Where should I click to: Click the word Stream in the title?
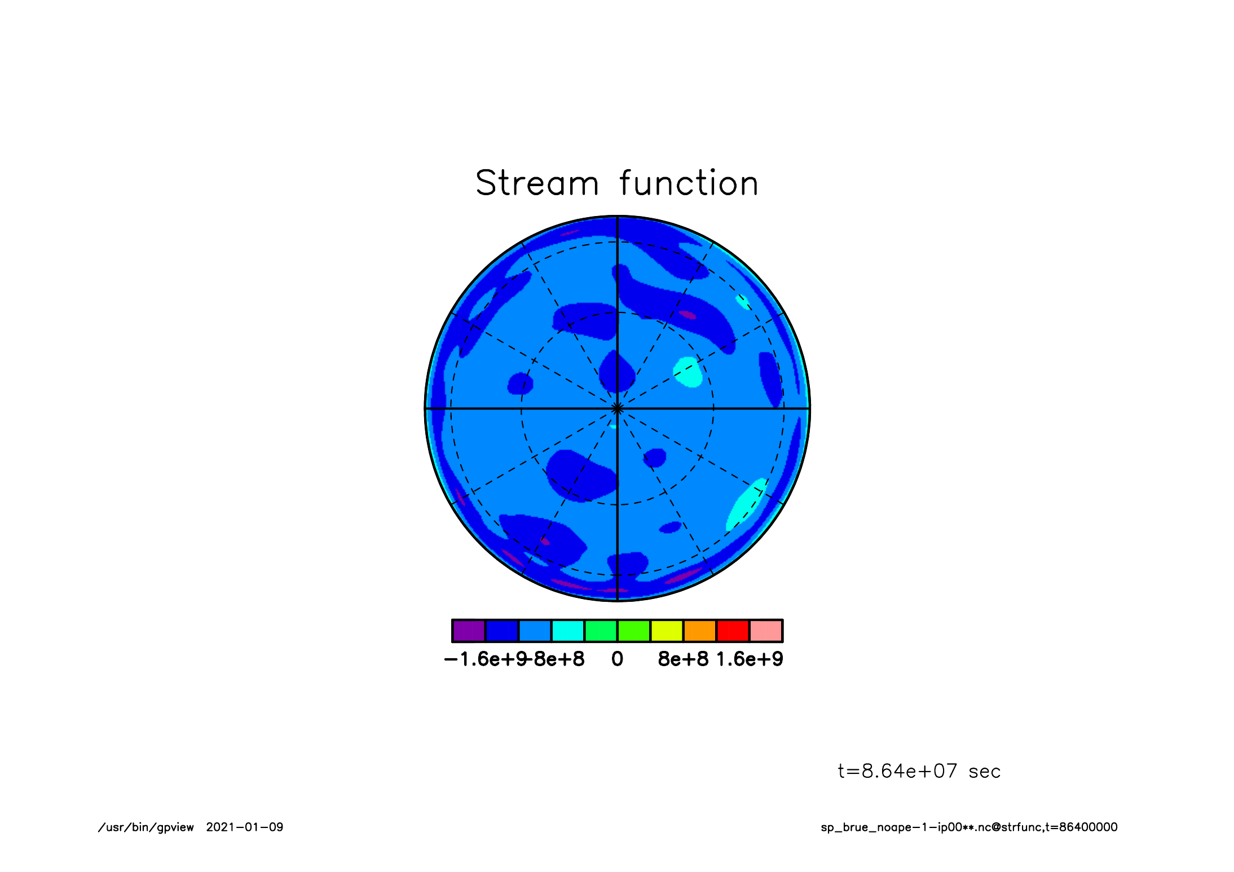point(537,183)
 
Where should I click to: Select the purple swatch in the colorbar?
point(469,631)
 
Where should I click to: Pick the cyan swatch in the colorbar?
point(568,631)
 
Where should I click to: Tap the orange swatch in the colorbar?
point(700,631)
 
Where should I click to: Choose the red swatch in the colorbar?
point(733,631)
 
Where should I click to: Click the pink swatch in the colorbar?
point(766,631)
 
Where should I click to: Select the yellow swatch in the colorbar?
point(667,631)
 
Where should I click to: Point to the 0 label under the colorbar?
point(618,659)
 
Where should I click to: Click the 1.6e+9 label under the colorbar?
point(750,659)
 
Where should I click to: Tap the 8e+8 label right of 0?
point(683,659)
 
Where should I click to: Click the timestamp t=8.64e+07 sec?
point(919,771)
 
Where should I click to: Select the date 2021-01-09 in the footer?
point(245,827)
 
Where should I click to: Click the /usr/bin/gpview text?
point(146,827)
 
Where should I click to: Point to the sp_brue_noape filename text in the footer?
point(969,827)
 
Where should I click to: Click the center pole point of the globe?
point(618,408)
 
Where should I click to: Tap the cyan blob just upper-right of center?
point(688,372)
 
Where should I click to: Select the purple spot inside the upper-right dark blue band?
point(687,315)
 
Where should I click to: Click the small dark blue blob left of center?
point(520,384)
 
